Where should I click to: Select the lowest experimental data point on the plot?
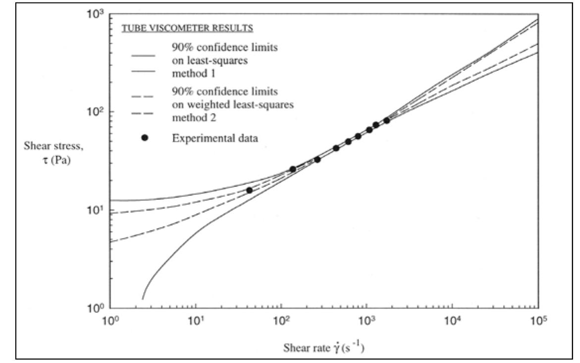tap(250, 190)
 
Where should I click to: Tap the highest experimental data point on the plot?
tap(387, 121)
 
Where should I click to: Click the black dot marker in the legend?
tap(145, 138)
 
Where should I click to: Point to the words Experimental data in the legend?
tap(214, 139)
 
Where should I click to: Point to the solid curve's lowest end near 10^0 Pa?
tap(143, 298)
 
